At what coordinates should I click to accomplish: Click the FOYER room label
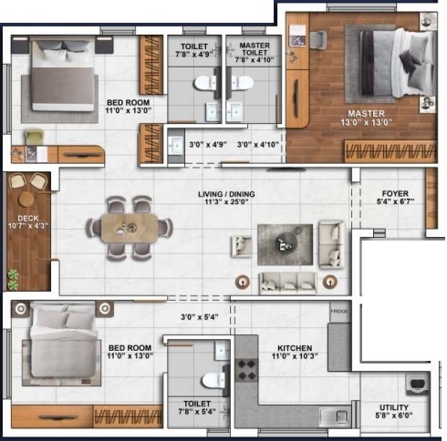click(x=395, y=194)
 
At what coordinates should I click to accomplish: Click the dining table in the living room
click(x=130, y=226)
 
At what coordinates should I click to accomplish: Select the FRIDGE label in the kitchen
click(x=339, y=312)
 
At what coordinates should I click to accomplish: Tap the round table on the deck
click(x=27, y=198)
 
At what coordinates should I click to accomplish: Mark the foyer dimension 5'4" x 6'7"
click(x=395, y=204)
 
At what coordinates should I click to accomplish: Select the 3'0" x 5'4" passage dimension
click(x=198, y=317)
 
